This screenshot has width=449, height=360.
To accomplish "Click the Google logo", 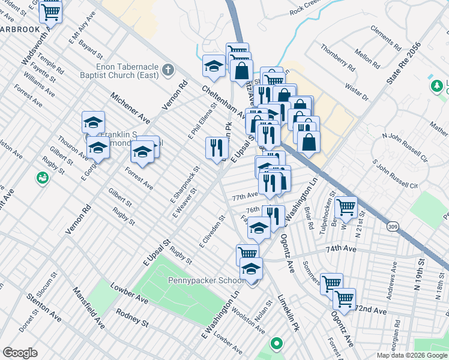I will pyautogui.click(x=20, y=352).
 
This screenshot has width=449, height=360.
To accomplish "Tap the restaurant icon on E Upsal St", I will pyautogui.click(x=217, y=148).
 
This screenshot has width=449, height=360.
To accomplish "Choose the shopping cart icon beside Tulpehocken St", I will pyautogui.click(x=346, y=208).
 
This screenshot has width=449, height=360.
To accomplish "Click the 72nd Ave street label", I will pyautogui.click(x=370, y=310).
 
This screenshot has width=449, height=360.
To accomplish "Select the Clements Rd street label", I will pyautogui.click(x=385, y=37).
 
